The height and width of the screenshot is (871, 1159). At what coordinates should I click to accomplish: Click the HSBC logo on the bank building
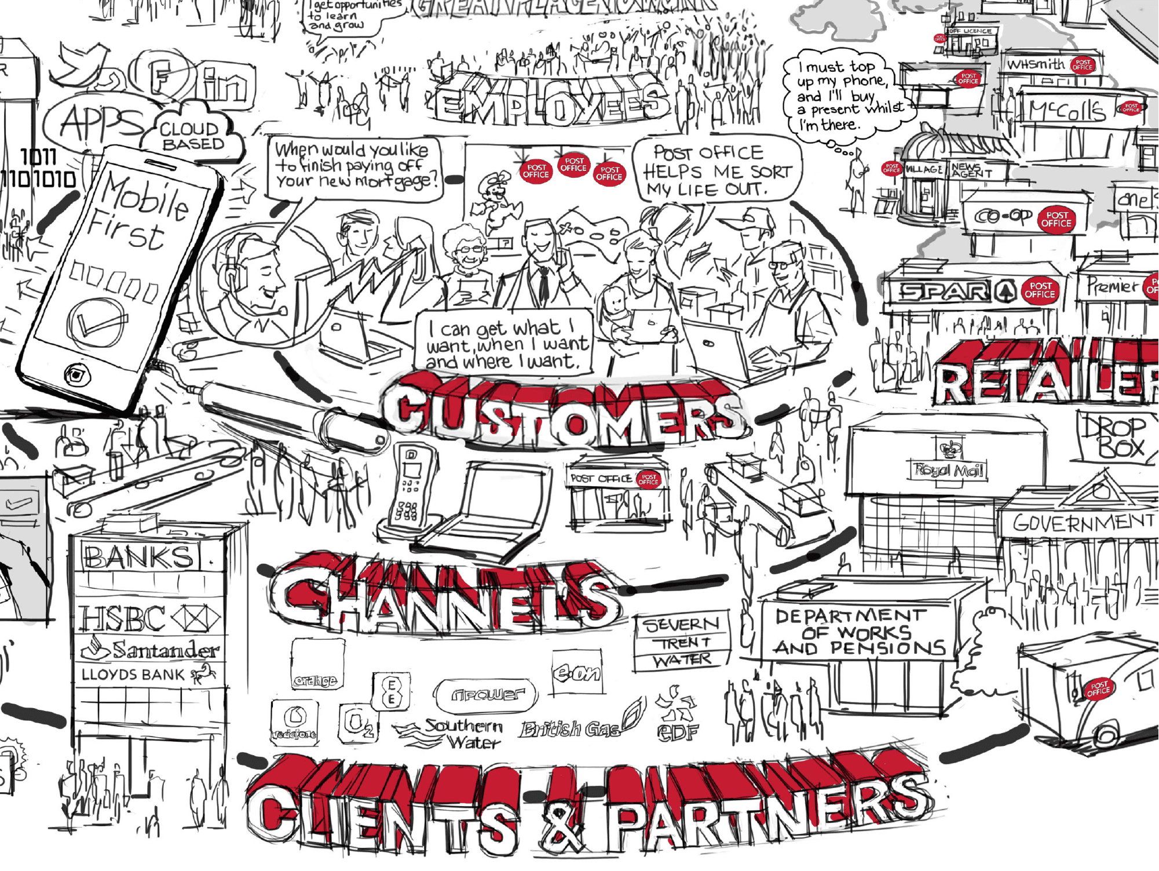(x=149, y=618)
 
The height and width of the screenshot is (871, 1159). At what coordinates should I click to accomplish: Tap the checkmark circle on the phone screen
(x=97, y=322)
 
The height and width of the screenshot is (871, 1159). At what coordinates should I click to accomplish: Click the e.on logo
(x=577, y=673)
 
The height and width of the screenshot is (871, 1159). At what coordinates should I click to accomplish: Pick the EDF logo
(x=677, y=718)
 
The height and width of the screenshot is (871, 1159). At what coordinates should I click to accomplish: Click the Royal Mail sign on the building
(x=948, y=469)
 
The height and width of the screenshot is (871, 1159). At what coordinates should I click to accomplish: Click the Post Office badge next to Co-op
(x=1056, y=220)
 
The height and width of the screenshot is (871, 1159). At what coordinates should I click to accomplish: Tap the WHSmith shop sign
(x=1036, y=64)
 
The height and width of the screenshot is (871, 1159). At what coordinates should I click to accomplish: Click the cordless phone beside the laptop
(x=410, y=490)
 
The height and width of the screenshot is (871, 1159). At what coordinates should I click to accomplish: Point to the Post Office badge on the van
(x=1098, y=689)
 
